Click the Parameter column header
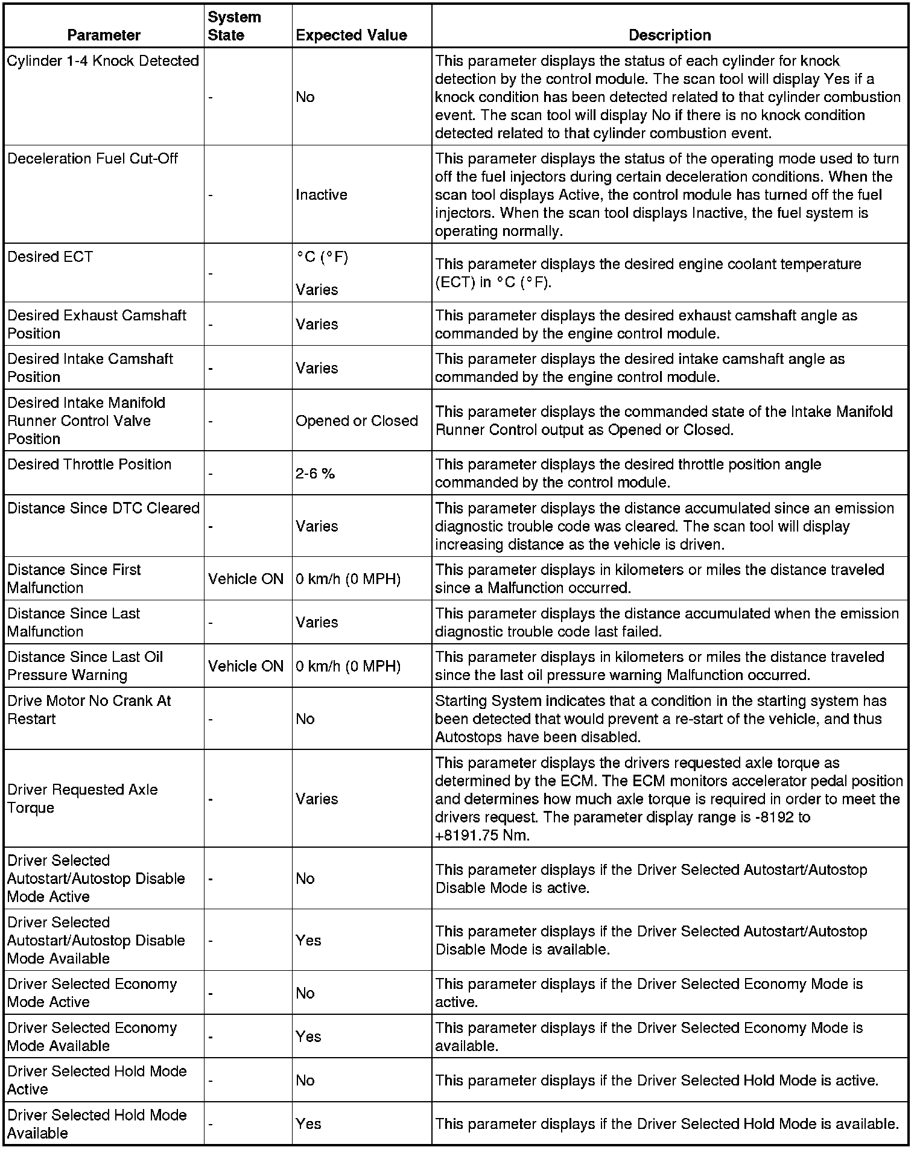tap(104, 35)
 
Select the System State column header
tap(235, 26)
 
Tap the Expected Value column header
tap(351, 35)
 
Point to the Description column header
tap(670, 35)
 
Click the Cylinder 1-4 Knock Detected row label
tap(103, 61)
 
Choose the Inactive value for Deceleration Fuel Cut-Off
tap(322, 195)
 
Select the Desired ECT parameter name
tap(50, 257)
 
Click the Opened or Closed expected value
tap(357, 421)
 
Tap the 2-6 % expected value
tap(315, 474)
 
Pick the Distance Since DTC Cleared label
tap(103, 508)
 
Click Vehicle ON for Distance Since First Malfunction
tap(246, 579)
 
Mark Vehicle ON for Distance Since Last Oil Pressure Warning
tap(246, 666)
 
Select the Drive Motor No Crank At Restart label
tap(89, 710)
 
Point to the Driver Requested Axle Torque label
tap(83, 798)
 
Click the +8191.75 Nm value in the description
tap(482, 836)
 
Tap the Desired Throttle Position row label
tap(89, 464)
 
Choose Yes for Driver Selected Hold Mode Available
tap(308, 1123)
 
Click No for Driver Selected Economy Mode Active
tap(305, 993)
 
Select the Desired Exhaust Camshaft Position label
tap(97, 324)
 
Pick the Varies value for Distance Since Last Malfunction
tap(317, 622)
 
